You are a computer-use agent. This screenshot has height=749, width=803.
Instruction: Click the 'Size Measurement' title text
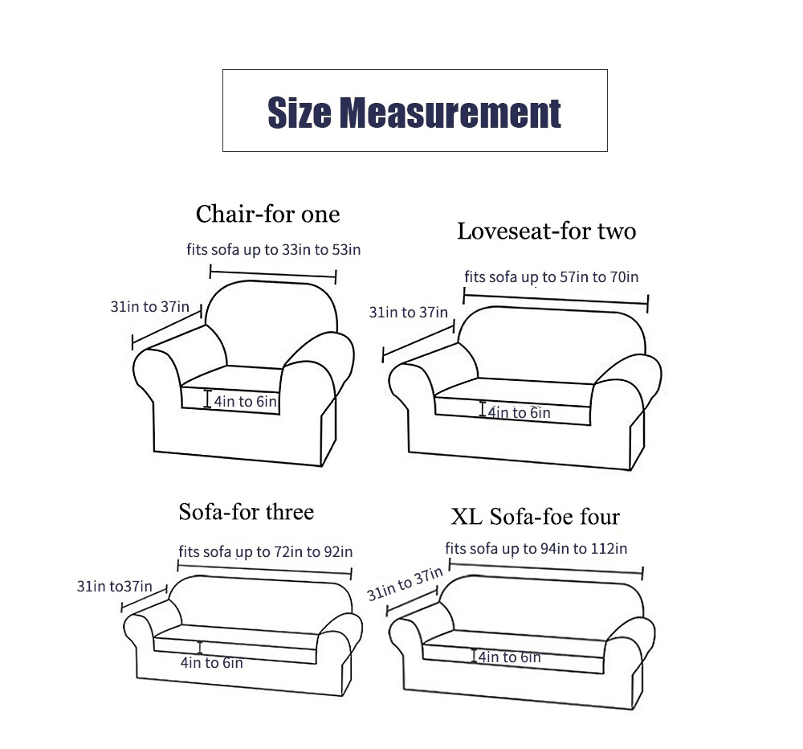click(414, 113)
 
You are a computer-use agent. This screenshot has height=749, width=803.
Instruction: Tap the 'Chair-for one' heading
click(267, 215)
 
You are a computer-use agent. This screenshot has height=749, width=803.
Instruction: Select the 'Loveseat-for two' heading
click(546, 231)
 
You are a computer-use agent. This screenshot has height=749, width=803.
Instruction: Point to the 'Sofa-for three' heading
click(247, 512)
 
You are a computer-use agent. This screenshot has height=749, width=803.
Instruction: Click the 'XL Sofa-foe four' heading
click(535, 516)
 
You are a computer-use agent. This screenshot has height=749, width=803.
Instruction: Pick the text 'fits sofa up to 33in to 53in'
click(274, 250)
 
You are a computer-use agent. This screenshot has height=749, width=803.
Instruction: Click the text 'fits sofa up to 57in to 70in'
click(552, 277)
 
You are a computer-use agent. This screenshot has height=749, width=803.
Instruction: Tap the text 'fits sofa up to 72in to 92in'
click(265, 551)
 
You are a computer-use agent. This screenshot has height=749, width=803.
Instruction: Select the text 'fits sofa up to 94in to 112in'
click(536, 549)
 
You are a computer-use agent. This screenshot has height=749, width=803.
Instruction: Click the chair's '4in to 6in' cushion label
click(245, 401)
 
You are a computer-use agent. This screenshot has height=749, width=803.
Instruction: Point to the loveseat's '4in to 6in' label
click(519, 413)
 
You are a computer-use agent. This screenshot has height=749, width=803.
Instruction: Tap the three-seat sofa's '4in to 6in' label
click(211, 663)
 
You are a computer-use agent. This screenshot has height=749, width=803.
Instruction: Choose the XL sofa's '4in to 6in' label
click(510, 657)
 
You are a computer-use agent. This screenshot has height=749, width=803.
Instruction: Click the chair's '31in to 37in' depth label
click(150, 306)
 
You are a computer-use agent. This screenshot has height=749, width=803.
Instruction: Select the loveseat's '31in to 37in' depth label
click(409, 312)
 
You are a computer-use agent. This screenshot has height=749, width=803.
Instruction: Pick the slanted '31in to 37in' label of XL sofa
click(405, 583)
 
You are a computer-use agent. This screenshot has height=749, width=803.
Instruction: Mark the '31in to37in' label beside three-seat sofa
click(115, 586)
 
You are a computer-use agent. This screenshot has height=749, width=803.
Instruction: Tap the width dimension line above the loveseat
click(556, 300)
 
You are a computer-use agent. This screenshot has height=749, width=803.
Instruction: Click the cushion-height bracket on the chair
click(207, 399)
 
